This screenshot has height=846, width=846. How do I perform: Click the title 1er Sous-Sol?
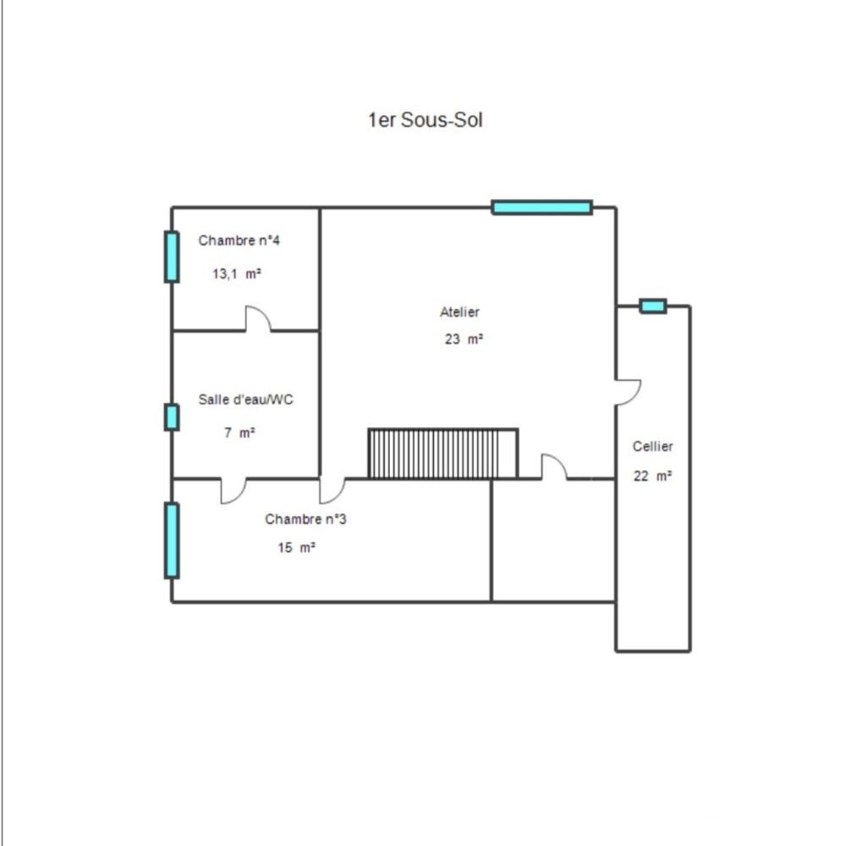click(x=425, y=120)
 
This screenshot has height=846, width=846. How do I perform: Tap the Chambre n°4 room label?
click(x=239, y=240)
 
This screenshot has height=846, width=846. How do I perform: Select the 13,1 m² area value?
click(x=236, y=273)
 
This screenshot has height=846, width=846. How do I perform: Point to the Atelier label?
click(x=459, y=312)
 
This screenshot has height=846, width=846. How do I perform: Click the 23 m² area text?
click(x=464, y=339)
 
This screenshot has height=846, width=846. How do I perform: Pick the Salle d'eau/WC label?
click(x=245, y=399)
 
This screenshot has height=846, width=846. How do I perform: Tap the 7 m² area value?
click(x=239, y=432)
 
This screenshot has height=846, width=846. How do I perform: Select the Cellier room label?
click(x=652, y=447)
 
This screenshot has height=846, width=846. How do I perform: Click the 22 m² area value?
click(x=652, y=475)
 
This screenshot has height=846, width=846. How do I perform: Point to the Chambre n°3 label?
click(x=305, y=519)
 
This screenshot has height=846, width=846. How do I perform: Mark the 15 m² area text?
click(x=296, y=547)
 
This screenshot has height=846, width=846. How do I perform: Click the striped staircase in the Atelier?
click(x=442, y=453)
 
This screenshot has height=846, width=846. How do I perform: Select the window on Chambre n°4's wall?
click(x=172, y=256)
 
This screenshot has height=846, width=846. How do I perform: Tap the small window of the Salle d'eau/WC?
click(x=172, y=417)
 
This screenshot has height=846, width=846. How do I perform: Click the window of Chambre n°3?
click(x=172, y=541)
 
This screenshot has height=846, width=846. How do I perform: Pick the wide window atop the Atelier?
click(x=541, y=207)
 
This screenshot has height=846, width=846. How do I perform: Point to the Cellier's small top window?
click(x=652, y=306)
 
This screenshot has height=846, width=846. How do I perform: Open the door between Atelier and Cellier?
click(x=626, y=392)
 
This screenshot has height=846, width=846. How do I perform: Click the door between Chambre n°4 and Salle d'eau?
click(x=258, y=320)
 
